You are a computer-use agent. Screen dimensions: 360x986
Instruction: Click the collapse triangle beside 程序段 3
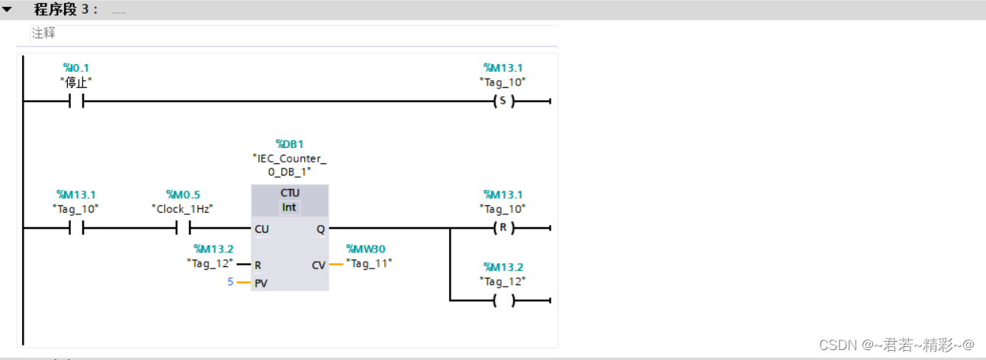point(7,10)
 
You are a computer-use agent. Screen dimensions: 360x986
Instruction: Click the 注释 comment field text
point(43,34)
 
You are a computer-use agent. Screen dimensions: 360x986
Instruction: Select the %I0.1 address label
point(76,68)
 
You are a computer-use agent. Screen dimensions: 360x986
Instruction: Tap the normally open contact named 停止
point(76,101)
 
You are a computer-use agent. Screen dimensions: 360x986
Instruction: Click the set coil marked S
point(502,101)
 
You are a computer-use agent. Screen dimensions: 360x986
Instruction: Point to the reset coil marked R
point(502,227)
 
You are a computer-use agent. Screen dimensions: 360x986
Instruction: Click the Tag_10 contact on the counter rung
point(76,227)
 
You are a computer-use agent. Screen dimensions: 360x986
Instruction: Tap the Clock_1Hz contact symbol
point(183,227)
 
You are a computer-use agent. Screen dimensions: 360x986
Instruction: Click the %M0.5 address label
point(183,194)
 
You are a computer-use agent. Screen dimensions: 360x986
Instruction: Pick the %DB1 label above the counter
point(289,143)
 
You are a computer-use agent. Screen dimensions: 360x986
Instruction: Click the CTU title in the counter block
point(290,193)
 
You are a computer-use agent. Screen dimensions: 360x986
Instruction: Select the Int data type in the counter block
point(290,207)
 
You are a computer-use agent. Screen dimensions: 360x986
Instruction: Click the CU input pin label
point(262,229)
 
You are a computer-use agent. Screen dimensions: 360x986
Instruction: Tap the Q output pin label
point(320,229)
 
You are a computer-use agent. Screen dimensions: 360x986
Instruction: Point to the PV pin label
point(261,283)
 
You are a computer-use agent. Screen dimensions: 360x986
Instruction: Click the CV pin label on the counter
point(319,265)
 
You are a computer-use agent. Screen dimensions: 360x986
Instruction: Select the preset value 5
point(230,282)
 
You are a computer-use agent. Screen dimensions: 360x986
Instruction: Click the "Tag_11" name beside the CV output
point(369,263)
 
